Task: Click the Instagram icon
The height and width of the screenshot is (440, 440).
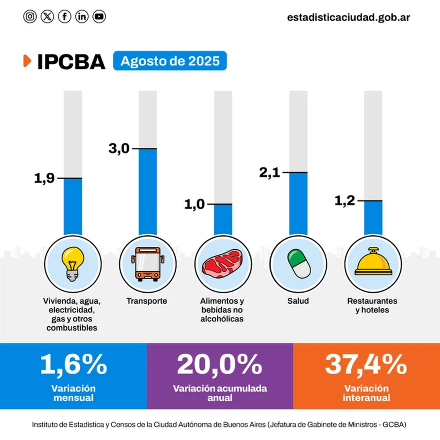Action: point(30,16)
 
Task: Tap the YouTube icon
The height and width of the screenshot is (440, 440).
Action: point(99,16)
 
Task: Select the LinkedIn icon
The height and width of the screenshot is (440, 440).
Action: point(82,16)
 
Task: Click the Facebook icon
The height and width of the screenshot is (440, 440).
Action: point(65,16)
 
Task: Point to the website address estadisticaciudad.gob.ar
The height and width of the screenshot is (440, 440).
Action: point(348,17)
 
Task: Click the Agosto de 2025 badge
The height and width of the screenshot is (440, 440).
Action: point(170,61)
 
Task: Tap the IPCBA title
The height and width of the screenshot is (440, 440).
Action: point(71,62)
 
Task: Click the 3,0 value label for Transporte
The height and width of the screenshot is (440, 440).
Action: point(119,148)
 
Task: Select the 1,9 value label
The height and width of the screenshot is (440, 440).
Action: point(44,178)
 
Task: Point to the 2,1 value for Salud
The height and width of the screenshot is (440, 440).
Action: point(269,172)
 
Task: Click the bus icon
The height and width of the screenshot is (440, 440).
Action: point(147,264)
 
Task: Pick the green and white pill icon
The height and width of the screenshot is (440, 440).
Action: point(298,264)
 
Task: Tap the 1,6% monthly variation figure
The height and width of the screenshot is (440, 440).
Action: point(73,364)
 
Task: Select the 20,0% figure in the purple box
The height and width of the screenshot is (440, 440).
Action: point(220,364)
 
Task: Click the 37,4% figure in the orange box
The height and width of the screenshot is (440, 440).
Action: point(366,364)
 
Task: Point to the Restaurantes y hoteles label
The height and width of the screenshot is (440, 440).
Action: point(372,305)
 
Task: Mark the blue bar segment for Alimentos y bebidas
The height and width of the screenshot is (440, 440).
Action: point(223,219)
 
